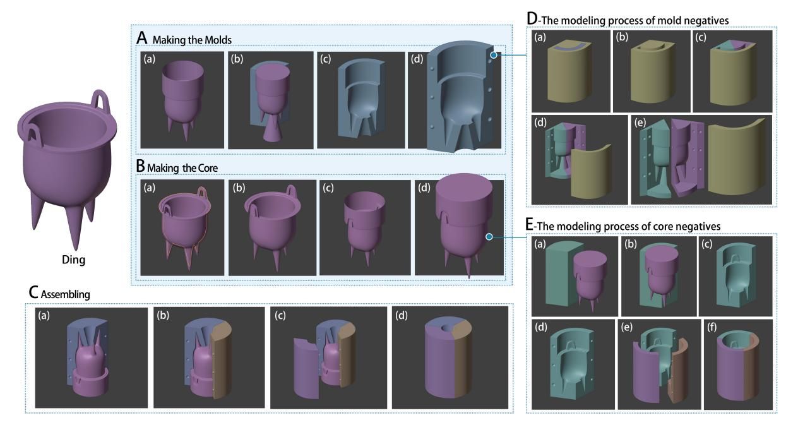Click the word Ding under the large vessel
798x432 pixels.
point(73,260)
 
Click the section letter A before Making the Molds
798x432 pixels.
point(142,38)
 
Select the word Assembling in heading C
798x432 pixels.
point(66,294)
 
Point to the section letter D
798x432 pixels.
point(532,19)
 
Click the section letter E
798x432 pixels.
point(530,225)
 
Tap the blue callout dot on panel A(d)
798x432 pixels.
point(494,55)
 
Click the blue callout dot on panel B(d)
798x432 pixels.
point(489,237)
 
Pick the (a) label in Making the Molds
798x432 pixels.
point(149,59)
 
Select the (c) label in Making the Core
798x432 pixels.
point(328,188)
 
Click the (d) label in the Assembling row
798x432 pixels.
point(401,315)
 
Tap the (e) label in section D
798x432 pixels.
point(640,123)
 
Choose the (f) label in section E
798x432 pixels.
point(712,327)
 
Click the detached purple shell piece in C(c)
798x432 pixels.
point(306,368)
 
